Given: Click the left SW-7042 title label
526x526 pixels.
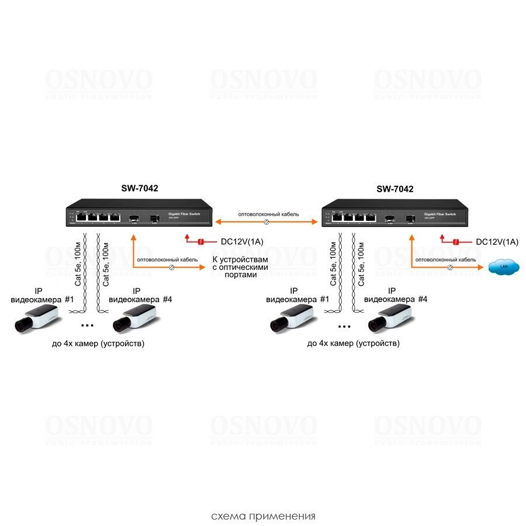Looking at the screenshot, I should [x=139, y=189].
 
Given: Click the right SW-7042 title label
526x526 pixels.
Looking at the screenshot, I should [x=394, y=189].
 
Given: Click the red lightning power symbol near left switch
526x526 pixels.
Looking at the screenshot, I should [x=200, y=241].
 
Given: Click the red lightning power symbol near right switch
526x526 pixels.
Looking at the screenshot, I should [x=456, y=241].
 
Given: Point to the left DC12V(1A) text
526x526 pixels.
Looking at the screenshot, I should [x=240, y=241].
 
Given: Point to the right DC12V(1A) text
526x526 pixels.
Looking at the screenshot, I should [x=496, y=241].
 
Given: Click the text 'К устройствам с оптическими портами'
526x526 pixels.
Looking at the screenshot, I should [x=241, y=267].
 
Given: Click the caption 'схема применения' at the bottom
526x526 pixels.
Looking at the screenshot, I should [x=263, y=516].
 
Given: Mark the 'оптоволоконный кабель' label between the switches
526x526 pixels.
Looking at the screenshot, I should [x=269, y=214].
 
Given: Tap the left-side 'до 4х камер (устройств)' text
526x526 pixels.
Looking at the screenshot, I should [x=98, y=344].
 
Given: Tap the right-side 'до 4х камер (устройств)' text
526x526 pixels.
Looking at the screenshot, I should [x=353, y=344].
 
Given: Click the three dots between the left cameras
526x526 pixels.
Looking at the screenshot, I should [x=88, y=325].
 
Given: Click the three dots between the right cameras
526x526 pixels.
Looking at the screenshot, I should [x=343, y=325].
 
